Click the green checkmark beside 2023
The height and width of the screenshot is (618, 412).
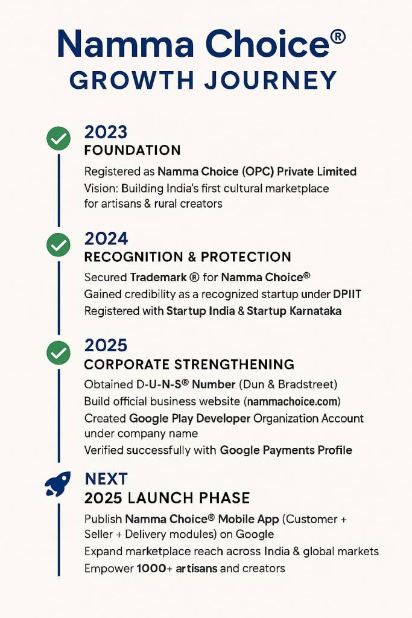(x=59, y=138)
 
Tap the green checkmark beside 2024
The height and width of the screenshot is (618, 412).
(x=59, y=245)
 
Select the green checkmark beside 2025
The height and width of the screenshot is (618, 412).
(x=59, y=352)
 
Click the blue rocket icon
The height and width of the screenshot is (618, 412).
(x=57, y=483)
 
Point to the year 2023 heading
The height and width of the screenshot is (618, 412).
(x=106, y=132)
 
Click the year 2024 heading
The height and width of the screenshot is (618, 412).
(x=106, y=239)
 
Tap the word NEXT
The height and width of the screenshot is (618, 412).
(x=106, y=479)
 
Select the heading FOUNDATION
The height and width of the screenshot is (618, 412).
(x=132, y=150)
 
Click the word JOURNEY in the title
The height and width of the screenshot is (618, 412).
(x=271, y=80)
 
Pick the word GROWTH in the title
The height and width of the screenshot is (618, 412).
(x=132, y=80)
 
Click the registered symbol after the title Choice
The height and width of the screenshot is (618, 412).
(x=338, y=37)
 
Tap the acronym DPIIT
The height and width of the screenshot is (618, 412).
(x=347, y=294)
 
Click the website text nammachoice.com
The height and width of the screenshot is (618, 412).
(x=293, y=401)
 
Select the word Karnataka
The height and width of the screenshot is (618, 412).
(x=315, y=311)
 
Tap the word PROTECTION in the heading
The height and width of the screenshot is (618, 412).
(x=246, y=257)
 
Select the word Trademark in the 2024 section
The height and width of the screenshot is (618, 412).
(x=158, y=278)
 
